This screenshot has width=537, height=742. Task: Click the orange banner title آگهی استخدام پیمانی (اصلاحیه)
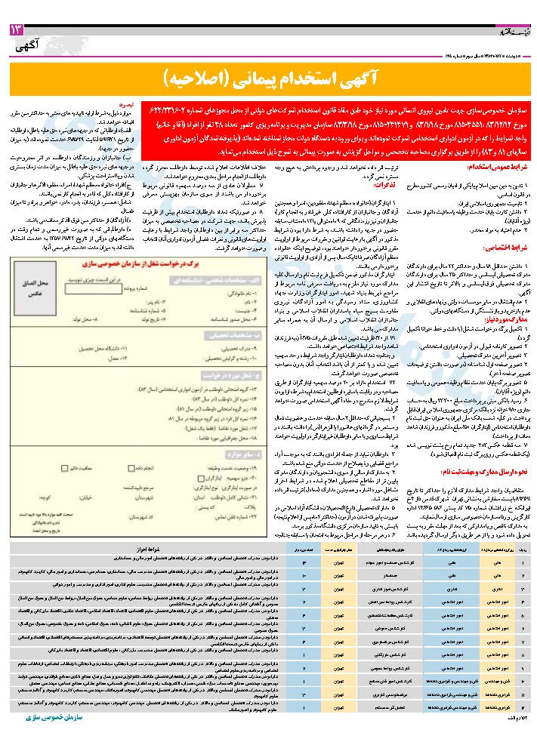(269, 78)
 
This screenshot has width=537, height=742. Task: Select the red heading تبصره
(131, 108)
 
